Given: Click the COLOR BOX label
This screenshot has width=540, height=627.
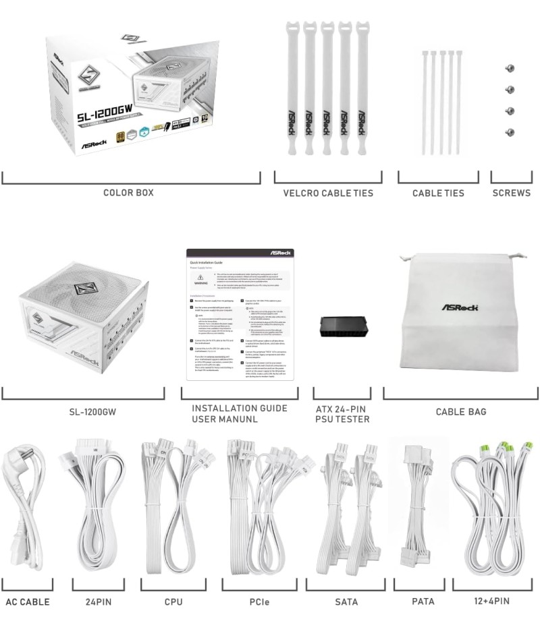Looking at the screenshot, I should click(128, 193).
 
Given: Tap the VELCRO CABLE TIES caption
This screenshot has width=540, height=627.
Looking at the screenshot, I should click(328, 193).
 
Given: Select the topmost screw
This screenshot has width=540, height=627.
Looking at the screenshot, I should click(510, 68).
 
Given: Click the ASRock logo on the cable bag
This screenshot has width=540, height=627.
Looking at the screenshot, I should click(460, 307).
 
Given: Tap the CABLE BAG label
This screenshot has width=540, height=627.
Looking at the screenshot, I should click(460, 412).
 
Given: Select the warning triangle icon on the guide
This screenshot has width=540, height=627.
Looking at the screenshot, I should click(200, 278).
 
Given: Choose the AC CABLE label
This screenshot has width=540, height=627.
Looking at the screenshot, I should click(28, 601).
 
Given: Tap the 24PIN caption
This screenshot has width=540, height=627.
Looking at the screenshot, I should click(98, 601).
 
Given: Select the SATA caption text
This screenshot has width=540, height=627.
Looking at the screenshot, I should click(346, 601).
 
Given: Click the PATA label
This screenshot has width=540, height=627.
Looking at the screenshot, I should click(423, 601).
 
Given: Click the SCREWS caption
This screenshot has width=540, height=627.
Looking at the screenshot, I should click(511, 193).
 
